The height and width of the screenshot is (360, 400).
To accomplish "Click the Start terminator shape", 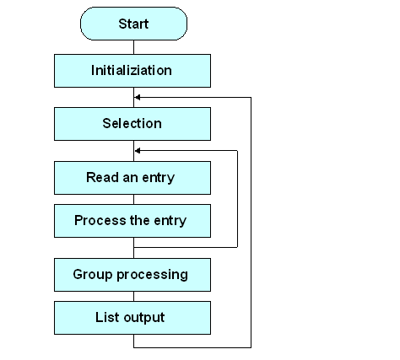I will point(132,24).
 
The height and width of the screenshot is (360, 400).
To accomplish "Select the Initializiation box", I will point(132,71).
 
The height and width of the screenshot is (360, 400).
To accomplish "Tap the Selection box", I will point(132,124).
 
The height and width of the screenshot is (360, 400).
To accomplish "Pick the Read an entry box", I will point(132,178).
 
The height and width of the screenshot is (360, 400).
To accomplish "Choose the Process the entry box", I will point(132,221).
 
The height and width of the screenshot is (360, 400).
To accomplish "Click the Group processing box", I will point(132,275).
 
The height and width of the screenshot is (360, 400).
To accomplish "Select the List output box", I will point(132,318).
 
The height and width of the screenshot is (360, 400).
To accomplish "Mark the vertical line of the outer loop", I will point(251,219).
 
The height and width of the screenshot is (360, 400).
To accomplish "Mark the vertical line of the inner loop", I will point(237,198).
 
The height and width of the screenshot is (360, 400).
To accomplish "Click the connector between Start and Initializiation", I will point(132,48).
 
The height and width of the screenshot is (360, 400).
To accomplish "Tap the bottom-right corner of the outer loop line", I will point(251,347).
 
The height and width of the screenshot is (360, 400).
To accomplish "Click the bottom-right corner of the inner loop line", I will point(237,246).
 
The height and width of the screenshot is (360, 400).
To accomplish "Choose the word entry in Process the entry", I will point(170,221).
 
